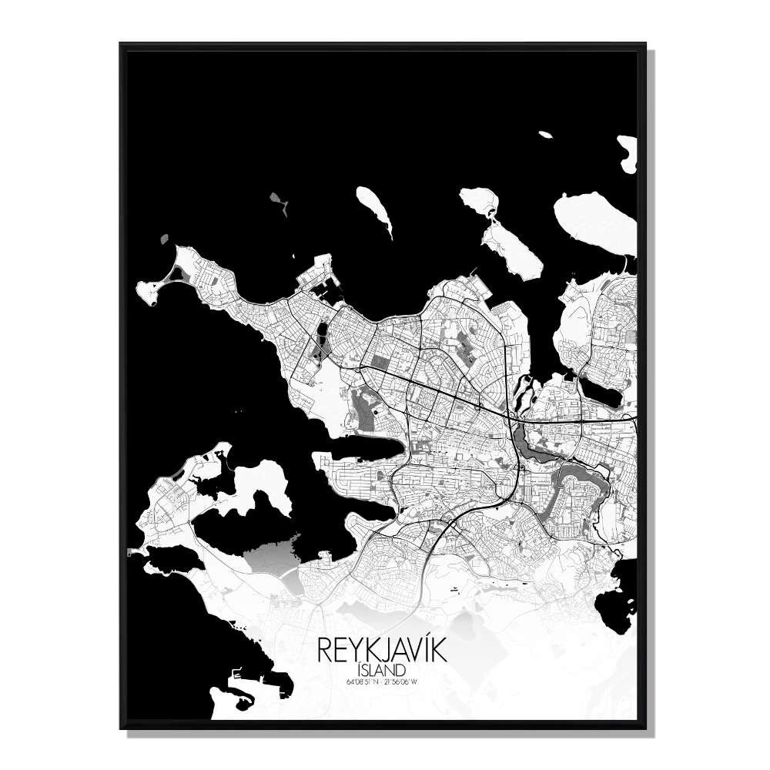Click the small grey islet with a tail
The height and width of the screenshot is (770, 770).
279,203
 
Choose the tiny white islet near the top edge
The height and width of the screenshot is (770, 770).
545,135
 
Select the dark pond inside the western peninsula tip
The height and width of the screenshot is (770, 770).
179,271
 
